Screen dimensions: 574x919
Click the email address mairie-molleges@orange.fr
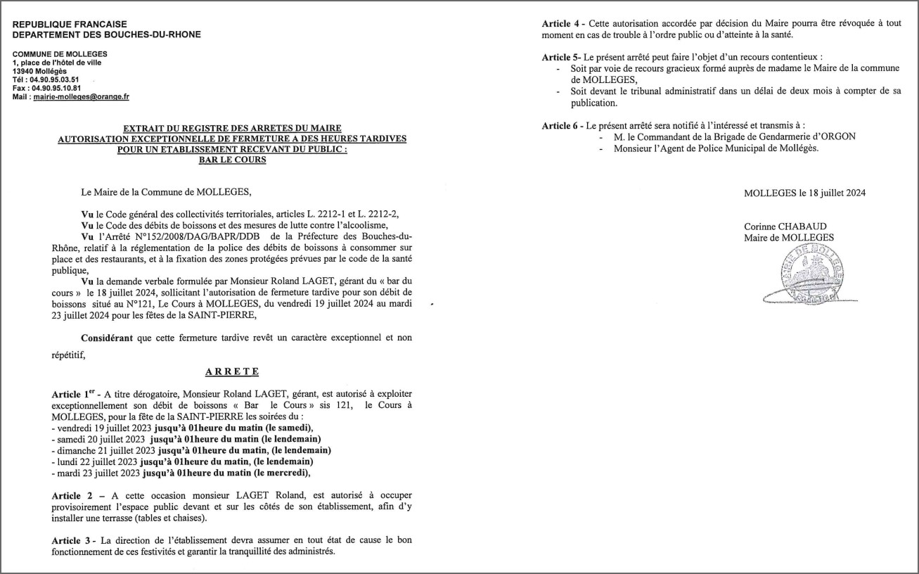81,96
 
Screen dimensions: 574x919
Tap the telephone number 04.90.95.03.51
54,79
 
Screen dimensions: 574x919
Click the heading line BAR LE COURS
233,160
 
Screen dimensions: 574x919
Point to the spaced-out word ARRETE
232,371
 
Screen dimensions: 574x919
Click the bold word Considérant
107,338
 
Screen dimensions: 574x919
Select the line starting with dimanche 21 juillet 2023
191,450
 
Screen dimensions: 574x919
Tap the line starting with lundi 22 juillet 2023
182,461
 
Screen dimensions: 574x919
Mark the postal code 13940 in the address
25,71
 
